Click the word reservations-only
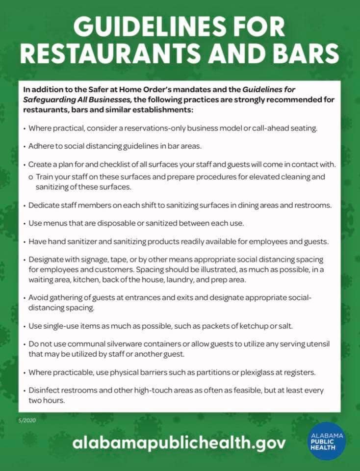tap(156, 128)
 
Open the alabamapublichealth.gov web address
tap(179, 443)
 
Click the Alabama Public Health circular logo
tap(328, 440)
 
